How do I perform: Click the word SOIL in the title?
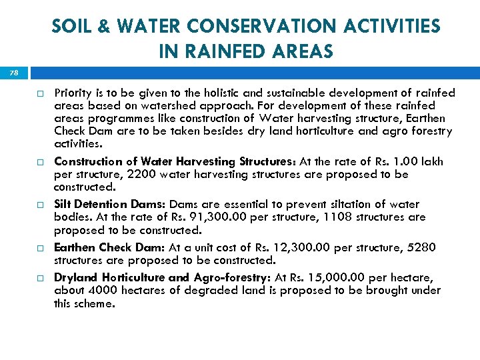pyautogui.click(x=71, y=27)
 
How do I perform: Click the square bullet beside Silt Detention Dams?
pyautogui.click(x=39, y=205)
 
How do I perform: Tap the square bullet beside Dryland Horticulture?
pyautogui.click(x=39, y=278)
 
